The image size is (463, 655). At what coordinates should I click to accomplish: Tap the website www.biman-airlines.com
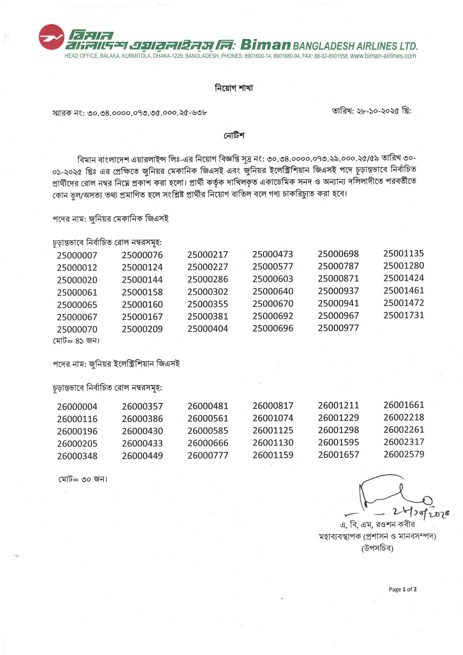coord(383,56)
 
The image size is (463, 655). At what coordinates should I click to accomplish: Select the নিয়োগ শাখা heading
coord(234,88)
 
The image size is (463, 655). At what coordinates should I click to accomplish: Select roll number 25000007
coord(77,255)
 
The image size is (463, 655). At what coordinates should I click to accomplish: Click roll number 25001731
coord(404,315)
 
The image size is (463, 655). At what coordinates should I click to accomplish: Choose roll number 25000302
coord(208,292)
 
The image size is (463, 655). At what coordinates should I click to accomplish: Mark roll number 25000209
coord(142,329)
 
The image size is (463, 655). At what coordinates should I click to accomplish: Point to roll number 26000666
coord(208,443)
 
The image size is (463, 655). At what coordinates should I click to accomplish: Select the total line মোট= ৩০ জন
coord(83,479)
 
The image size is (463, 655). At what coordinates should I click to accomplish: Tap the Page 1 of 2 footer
coord(403,589)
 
